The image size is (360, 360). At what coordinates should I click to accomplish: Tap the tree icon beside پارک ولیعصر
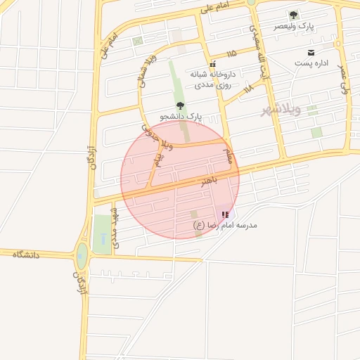point(294,15)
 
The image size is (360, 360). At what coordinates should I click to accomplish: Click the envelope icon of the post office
point(311,53)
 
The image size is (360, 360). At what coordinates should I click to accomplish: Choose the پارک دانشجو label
point(181,116)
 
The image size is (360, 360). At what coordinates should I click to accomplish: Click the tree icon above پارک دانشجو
point(180,105)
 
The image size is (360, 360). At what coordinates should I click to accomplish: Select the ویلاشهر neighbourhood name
point(281,110)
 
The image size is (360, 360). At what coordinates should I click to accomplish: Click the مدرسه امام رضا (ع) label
point(226,225)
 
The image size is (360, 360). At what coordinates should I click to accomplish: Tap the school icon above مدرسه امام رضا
point(225,214)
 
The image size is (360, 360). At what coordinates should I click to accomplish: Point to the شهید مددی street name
point(116,228)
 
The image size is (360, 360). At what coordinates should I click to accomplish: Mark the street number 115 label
point(232,53)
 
